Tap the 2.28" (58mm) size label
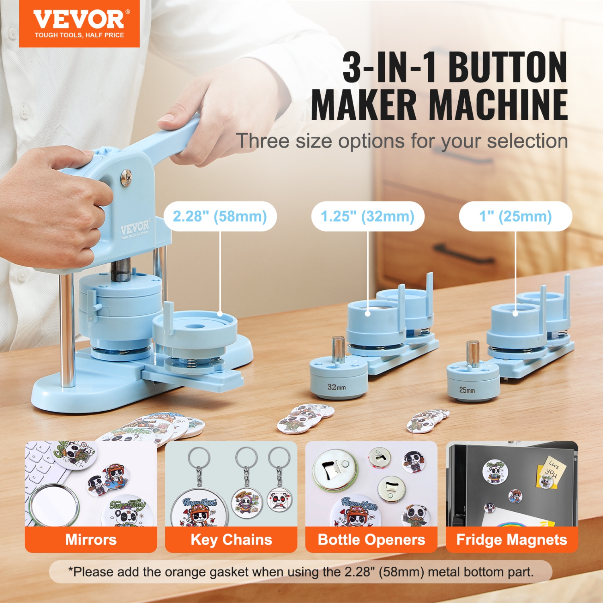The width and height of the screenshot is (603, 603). point(220,216)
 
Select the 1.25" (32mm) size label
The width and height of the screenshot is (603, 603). point(367,216)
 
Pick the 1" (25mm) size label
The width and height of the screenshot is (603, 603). point(515,216)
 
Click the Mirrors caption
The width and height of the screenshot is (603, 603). point(91,539)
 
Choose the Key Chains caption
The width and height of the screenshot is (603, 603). point(231,539)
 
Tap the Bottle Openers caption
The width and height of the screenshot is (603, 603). point(371,539)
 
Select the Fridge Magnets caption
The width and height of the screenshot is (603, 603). point(511,539)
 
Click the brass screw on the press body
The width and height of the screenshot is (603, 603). point(126,177)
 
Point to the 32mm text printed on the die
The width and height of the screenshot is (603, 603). point(336,387)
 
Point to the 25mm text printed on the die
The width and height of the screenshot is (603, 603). point(467,390)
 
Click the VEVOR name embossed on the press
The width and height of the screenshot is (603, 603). point(135,228)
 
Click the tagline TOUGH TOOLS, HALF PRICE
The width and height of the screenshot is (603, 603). point(79,35)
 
